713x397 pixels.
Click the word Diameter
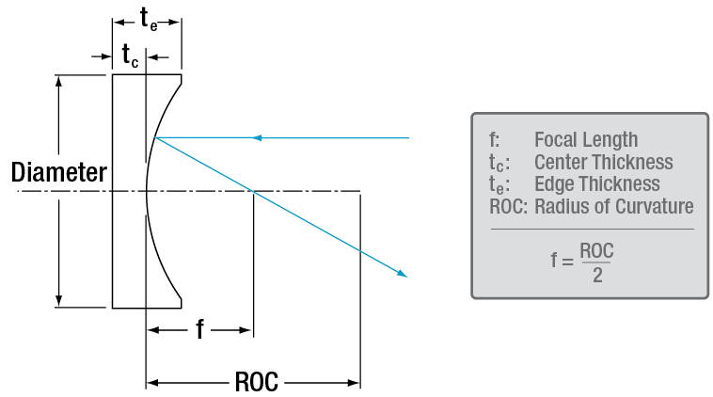[58, 173]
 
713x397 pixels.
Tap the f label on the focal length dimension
[200, 330]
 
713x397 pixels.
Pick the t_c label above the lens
[130, 56]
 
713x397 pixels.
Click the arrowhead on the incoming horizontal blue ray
[257, 138]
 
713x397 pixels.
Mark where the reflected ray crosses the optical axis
[252, 192]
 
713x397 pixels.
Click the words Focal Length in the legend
[585, 140]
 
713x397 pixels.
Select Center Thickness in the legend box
[603, 162]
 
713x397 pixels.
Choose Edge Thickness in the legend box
[596, 184]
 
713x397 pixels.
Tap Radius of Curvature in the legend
[613, 206]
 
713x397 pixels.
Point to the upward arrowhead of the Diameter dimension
[60, 81]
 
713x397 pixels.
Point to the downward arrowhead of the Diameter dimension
[60, 301]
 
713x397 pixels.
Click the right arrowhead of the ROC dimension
[356, 383]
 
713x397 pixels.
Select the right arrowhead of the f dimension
[247, 330]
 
